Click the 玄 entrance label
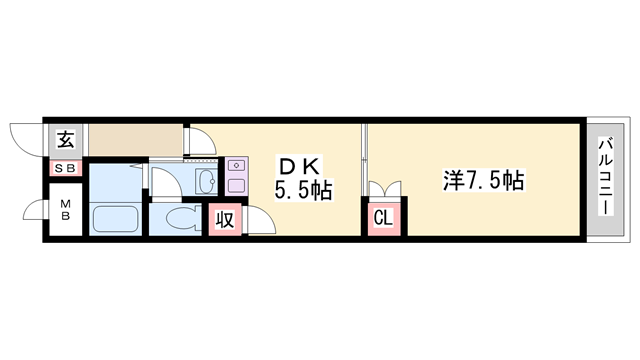pos(64,139)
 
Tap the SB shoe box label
pos(64,168)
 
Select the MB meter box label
pos(64,211)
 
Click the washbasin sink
pos(207,181)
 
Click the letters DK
pos(298,164)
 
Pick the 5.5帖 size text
pos(303,189)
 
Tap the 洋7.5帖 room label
pos(484,181)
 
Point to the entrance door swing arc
pos(24,137)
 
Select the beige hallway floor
pos(136,139)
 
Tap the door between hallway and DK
pos(201,141)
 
